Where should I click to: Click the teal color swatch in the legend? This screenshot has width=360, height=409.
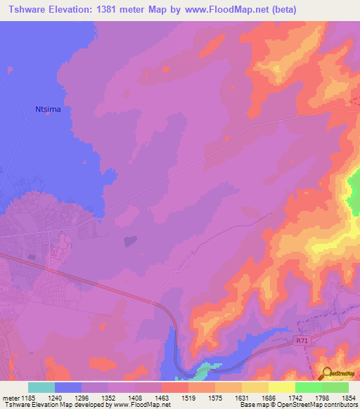[41, 387]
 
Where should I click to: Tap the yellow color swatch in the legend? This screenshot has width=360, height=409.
[282, 387]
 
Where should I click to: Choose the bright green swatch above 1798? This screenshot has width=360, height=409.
[309, 387]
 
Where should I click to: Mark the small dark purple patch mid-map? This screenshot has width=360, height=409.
[130, 241]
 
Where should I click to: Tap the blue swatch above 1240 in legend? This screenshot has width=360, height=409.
[68, 387]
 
